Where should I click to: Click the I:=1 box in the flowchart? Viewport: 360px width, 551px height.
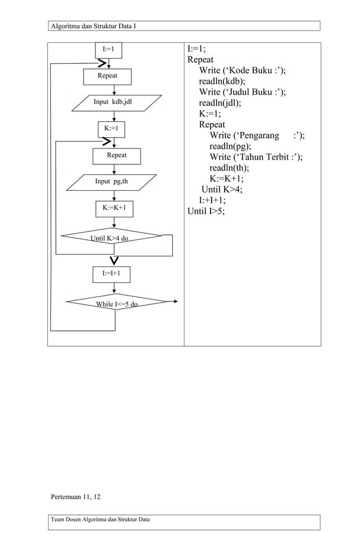pyautogui.click(x=108, y=50)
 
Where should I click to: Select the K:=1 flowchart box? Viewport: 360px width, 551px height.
pyautogui.click(x=111, y=129)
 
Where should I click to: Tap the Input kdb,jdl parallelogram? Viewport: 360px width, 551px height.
pyautogui.click(x=112, y=102)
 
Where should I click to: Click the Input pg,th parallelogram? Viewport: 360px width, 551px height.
pyautogui.click(x=111, y=182)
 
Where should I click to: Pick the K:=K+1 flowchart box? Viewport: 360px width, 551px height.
pyautogui.click(x=114, y=208)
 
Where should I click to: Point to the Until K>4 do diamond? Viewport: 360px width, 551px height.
pyautogui.click(x=111, y=238)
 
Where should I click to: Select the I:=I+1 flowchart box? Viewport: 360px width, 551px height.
pyautogui.click(x=111, y=274)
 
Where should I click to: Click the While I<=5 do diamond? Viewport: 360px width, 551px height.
pyautogui.click(x=117, y=304)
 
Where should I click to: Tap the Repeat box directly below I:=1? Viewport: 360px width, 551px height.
pyautogui.click(x=107, y=76)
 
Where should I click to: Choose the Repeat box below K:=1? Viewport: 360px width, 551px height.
pyautogui.click(x=116, y=155)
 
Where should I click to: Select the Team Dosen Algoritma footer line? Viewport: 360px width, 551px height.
pyautogui.click(x=100, y=519)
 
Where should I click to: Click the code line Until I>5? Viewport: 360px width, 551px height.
pyautogui.click(x=206, y=211)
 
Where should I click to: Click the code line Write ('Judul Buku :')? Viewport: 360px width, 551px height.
pyautogui.click(x=242, y=92)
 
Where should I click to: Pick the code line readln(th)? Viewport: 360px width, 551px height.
pyautogui.click(x=229, y=168)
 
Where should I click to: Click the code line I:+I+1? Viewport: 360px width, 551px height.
pyautogui.click(x=212, y=200)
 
